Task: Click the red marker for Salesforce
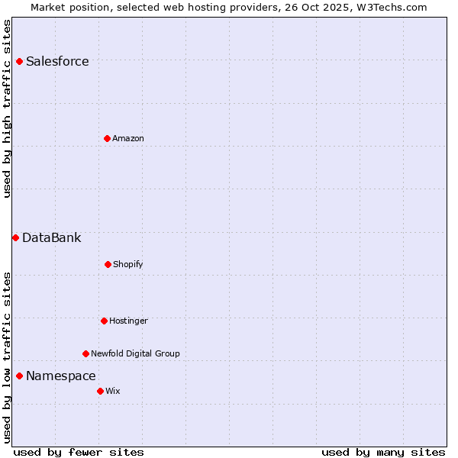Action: (x=19, y=61)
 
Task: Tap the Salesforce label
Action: (x=57, y=62)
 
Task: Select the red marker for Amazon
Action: (x=107, y=138)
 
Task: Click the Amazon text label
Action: (x=128, y=139)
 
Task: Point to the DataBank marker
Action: (x=15, y=237)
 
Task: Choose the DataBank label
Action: (x=51, y=238)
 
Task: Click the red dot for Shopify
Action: (x=108, y=264)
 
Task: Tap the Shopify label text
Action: (x=128, y=265)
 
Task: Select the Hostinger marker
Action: (x=104, y=321)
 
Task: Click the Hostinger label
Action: (x=128, y=321)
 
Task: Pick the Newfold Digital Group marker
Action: (x=85, y=353)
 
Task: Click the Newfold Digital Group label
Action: (x=135, y=354)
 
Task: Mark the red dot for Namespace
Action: (x=19, y=376)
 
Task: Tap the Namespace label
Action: (x=61, y=376)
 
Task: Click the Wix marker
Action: (x=100, y=391)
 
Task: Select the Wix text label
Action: (x=113, y=392)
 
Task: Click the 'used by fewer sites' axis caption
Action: (x=79, y=453)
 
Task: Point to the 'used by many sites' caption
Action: (x=383, y=453)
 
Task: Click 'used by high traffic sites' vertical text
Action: (x=8, y=108)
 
